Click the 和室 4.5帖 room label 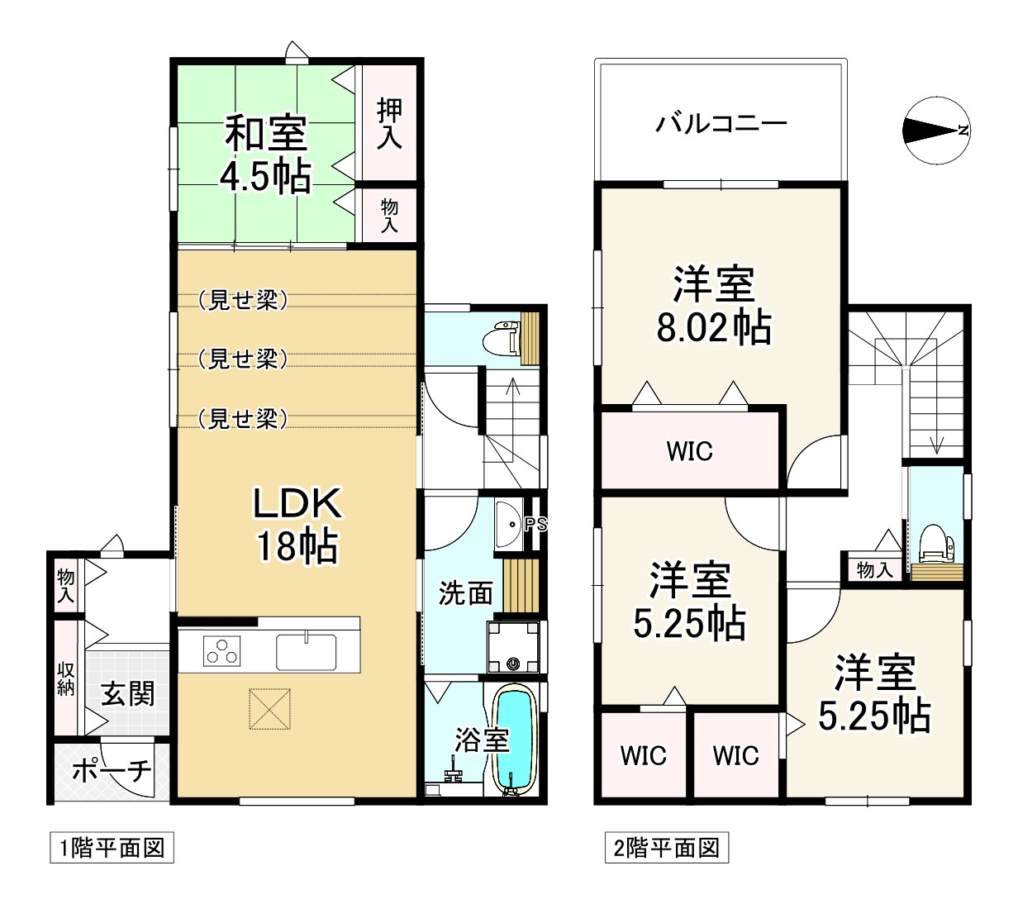[267, 154]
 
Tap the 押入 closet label [389, 124]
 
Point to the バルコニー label [721, 125]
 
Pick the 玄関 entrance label [128, 694]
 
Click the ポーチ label [112, 771]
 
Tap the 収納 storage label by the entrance [66, 678]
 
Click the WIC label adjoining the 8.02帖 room [689, 451]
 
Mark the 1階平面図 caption [112, 848]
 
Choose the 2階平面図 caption [666, 848]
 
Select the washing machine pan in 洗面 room [513, 647]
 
